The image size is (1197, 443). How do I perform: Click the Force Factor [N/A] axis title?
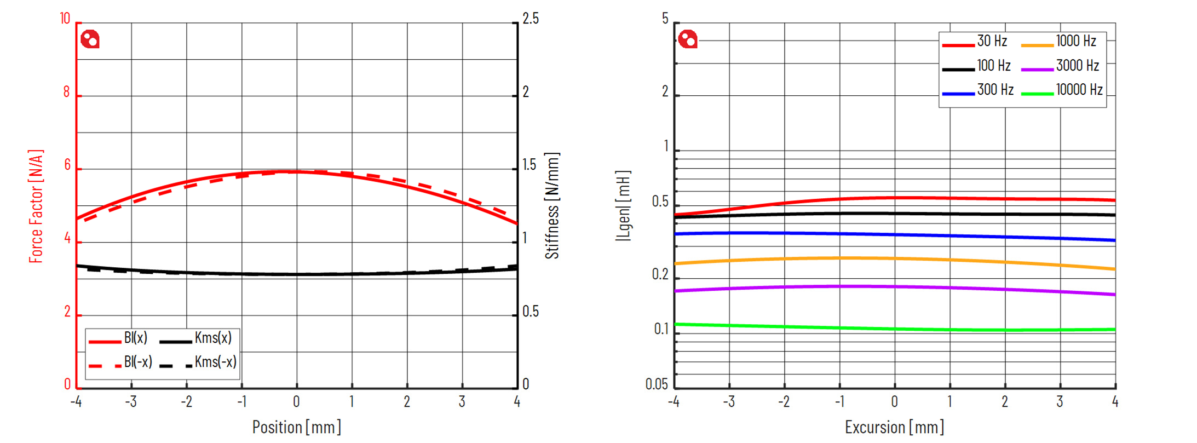point(36,206)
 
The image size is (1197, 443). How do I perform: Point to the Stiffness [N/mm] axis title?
point(552,206)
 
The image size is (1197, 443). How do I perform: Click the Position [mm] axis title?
point(296,427)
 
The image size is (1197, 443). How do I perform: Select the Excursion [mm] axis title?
point(894,427)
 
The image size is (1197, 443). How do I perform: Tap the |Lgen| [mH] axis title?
point(623,206)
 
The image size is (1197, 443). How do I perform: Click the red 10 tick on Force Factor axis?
point(65,19)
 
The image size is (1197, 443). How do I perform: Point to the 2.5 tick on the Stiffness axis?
point(530,19)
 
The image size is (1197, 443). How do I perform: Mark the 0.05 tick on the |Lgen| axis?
point(657,384)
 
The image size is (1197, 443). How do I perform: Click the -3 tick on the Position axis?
point(130,402)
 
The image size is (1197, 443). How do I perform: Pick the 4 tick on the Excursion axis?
point(1115,402)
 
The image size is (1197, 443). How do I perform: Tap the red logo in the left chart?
point(90,39)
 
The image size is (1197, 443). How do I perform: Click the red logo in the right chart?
point(688,39)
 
